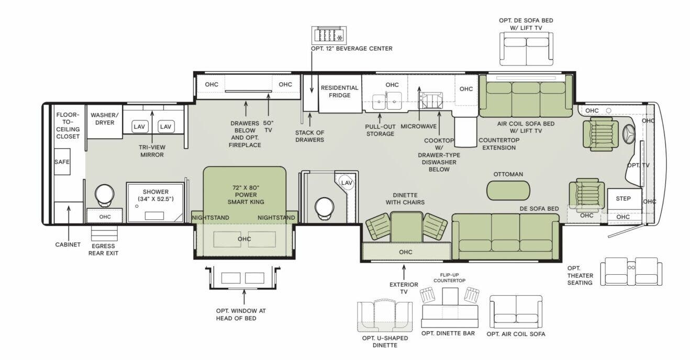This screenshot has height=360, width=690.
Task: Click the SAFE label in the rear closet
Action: [62, 162]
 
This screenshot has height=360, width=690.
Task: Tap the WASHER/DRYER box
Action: [105, 119]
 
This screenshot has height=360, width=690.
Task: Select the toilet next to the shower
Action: [104, 194]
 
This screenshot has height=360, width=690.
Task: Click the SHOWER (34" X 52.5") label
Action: [155, 195]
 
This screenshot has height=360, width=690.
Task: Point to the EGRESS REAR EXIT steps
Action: [104, 232]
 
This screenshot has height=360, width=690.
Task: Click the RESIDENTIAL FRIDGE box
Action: [339, 92]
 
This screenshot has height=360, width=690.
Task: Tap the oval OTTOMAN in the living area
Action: [508, 190]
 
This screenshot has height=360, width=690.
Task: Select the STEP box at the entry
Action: [623, 199]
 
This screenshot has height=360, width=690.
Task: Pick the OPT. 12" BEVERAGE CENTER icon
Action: [328, 35]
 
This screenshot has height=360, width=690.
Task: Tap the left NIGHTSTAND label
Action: [210, 218]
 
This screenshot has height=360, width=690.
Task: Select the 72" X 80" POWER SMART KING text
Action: [244, 194]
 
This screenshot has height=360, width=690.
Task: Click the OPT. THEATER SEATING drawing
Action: [631, 271]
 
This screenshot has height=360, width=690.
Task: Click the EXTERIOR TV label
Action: [404, 288]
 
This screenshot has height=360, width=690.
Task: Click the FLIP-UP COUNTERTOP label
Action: [449, 277]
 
